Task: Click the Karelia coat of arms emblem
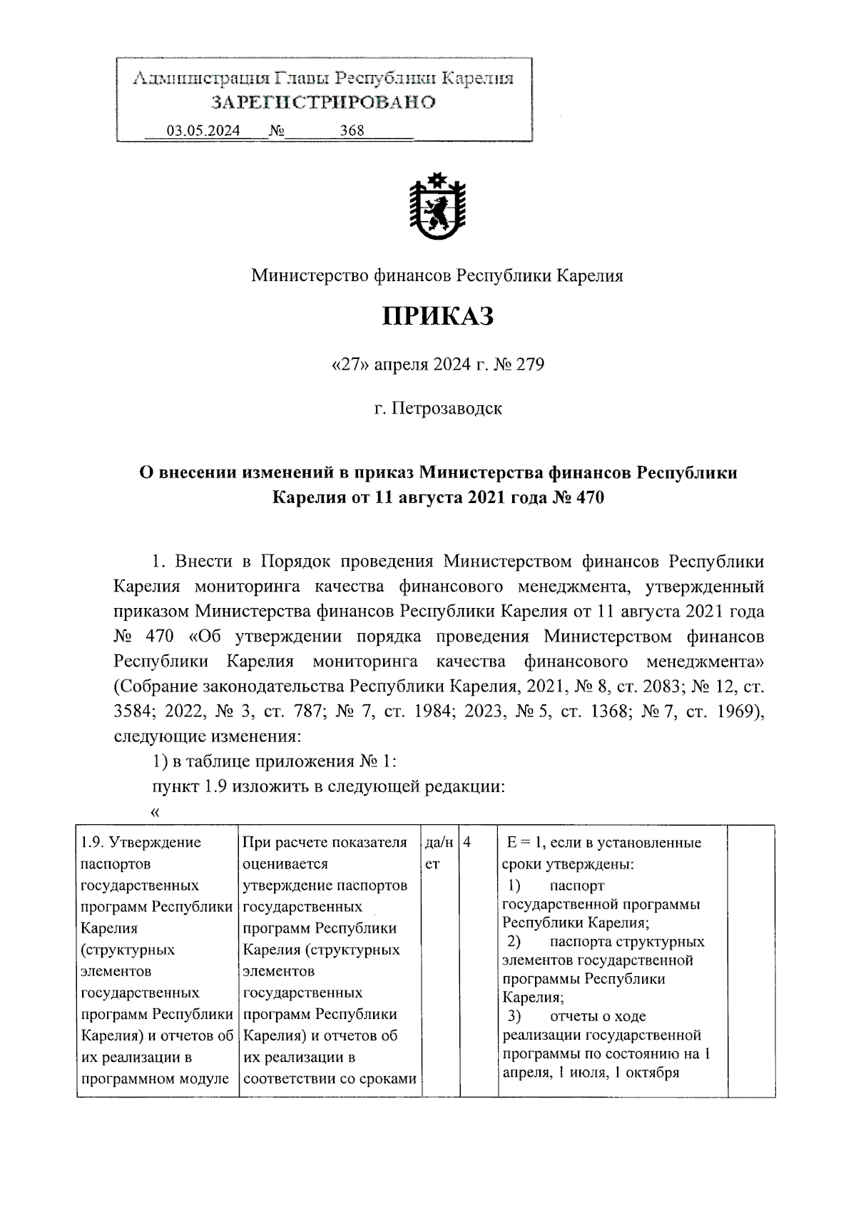pos(437,206)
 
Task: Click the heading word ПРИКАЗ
pos(437,317)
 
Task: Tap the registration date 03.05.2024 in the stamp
pos(203,131)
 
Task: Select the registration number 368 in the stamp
pos(352,131)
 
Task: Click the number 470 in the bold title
pos(587,497)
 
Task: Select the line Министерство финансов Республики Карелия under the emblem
pos(437,275)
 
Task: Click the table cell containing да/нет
pos(438,853)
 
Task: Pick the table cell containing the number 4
pos(467,843)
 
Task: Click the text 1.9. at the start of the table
pos(93,843)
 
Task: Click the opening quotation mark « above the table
pos(156,812)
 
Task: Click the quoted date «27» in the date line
pos(349,365)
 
